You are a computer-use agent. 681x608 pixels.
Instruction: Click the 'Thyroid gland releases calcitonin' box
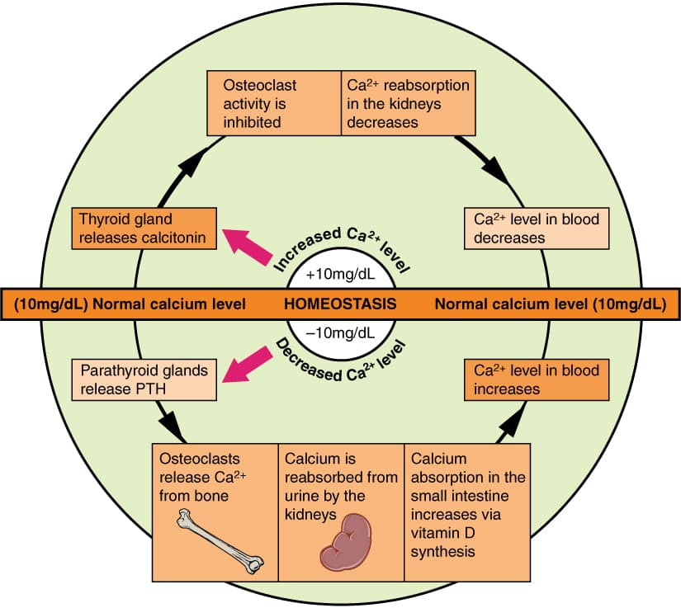pyautogui.click(x=144, y=229)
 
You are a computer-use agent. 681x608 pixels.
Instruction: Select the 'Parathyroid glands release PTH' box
pyautogui.click(x=144, y=379)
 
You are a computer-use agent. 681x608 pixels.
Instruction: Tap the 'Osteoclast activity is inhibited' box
pyautogui.click(x=272, y=104)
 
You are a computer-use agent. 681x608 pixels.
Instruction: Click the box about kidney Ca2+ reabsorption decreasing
pyautogui.click(x=407, y=104)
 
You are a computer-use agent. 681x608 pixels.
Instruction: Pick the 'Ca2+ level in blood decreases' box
pyautogui.click(x=537, y=229)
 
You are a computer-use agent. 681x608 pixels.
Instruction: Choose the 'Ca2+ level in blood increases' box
pyautogui.click(x=537, y=379)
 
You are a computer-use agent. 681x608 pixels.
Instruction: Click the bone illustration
pyautogui.click(x=220, y=542)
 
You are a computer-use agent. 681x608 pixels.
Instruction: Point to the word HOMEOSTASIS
pyautogui.click(x=340, y=303)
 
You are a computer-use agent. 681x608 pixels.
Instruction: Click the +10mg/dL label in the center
pyautogui.click(x=340, y=272)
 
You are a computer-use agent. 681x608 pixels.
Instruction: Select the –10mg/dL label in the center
pyautogui.click(x=340, y=333)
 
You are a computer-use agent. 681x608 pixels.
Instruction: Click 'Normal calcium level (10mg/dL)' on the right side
pyautogui.click(x=549, y=303)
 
